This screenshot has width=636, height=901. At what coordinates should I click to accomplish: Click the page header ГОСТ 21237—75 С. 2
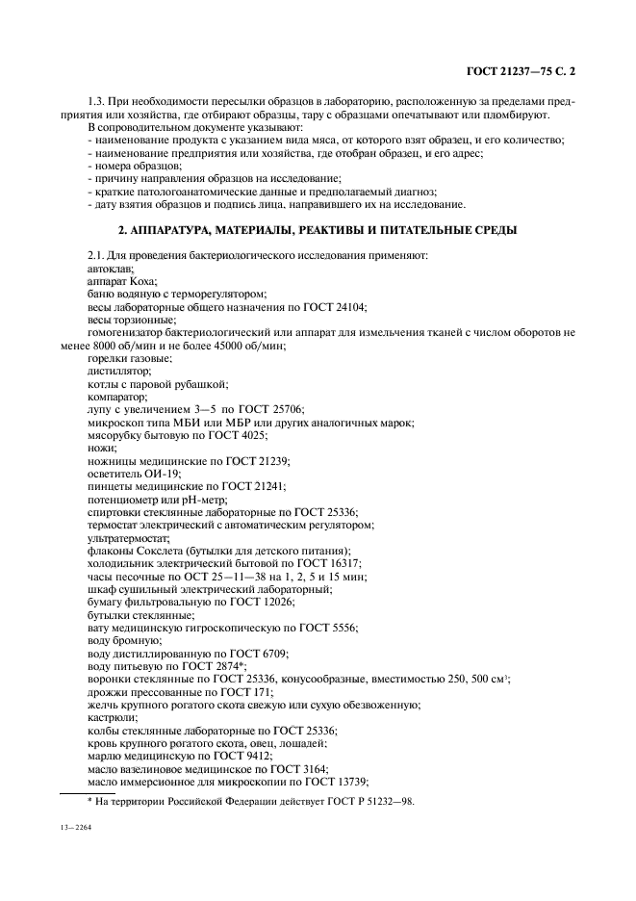pyautogui.click(x=521, y=70)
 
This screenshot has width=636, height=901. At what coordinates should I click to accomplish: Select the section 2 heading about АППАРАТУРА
pyautogui.click(x=317, y=230)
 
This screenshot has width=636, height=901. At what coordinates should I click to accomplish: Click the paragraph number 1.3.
pyautogui.click(x=97, y=102)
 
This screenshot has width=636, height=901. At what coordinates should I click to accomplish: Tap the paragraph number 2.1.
pyautogui.click(x=97, y=255)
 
